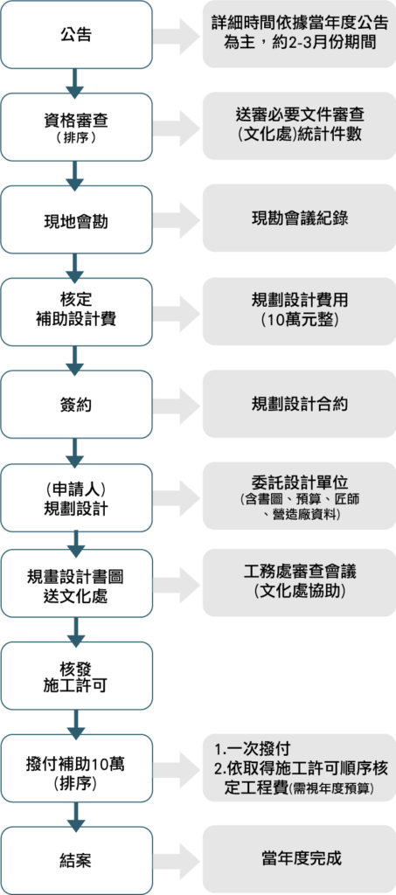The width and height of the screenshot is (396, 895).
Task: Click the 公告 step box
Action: point(76,34)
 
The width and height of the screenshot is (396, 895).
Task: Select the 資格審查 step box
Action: point(76,127)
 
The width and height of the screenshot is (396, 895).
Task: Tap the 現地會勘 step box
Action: point(76,219)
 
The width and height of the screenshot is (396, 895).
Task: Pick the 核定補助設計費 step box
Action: point(76,312)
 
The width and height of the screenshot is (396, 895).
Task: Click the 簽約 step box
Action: point(76,404)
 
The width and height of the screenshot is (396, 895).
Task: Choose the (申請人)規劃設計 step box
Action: point(76,496)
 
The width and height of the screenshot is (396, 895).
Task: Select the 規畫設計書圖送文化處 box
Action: point(76,583)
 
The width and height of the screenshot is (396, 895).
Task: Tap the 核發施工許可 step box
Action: point(76,676)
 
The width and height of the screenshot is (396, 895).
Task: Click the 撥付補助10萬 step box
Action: point(76,768)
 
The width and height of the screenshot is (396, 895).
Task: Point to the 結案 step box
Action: point(76,861)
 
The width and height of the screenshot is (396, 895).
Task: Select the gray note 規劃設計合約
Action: point(300,404)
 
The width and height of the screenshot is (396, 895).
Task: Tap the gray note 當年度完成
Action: point(300,858)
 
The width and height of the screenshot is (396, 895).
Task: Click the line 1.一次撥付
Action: point(254,748)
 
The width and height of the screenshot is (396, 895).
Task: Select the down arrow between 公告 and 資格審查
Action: point(75,80)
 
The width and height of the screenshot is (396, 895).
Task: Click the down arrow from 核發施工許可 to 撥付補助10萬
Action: point(75,722)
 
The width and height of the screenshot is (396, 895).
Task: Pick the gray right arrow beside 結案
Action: point(177,861)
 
